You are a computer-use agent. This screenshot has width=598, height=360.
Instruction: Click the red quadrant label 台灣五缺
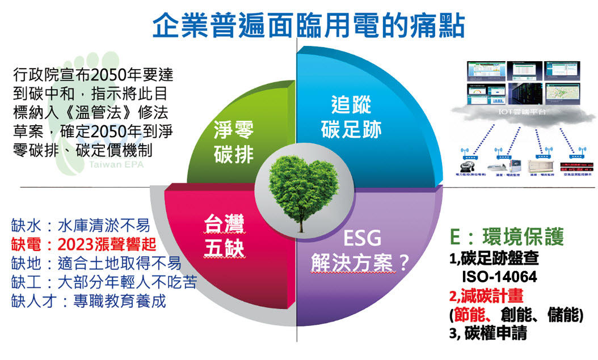click(224, 239)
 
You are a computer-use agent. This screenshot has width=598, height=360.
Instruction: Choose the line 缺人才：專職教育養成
click(89, 300)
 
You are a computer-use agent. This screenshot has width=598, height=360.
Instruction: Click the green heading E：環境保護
click(506, 238)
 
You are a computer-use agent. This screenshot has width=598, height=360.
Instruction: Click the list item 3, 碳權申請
click(487, 333)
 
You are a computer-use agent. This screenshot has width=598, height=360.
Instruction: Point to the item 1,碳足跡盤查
click(494, 259)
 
